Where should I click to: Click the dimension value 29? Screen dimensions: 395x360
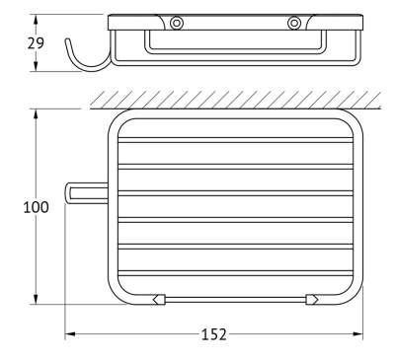(36, 43)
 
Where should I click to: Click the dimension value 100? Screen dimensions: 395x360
(36, 207)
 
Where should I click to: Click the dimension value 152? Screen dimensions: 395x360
(214, 334)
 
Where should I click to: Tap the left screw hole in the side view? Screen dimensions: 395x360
(177, 23)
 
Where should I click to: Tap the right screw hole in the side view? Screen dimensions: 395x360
(294, 23)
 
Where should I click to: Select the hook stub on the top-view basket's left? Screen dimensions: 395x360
(86, 193)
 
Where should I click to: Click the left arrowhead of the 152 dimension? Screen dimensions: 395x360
(70, 334)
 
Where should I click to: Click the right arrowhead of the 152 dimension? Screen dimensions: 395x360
(357, 334)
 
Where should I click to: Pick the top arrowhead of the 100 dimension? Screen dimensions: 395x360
(36, 113)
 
